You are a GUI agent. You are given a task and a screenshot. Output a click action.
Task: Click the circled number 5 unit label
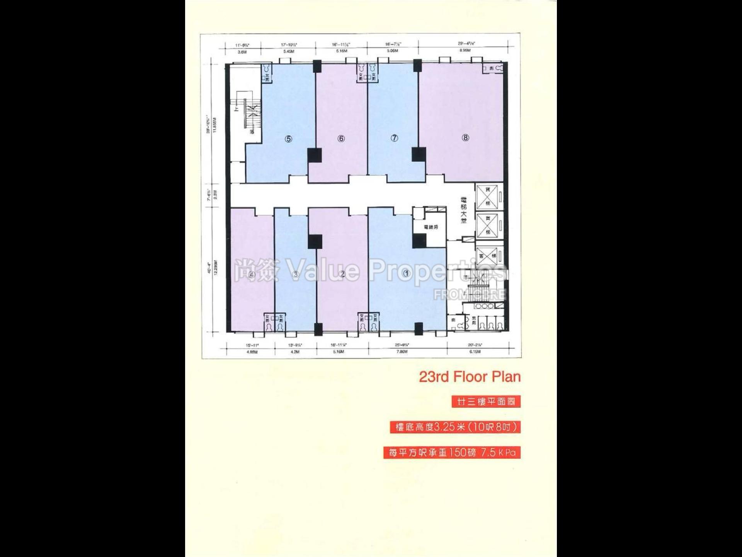tap(288, 139)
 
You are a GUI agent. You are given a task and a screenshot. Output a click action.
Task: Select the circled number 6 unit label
tap(341, 138)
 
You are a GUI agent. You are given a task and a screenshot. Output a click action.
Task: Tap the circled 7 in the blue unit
tap(394, 138)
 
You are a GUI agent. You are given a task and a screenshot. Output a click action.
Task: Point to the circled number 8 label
tap(465, 137)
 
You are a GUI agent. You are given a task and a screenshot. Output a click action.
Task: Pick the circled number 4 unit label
tap(252, 275)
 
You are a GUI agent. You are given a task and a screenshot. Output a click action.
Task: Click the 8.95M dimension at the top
tap(465, 50)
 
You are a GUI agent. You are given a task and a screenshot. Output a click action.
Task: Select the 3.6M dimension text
tap(242, 51)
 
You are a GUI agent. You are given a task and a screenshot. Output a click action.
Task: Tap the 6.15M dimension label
tap(475, 352)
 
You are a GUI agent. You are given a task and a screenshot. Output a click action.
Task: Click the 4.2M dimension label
tap(295, 352)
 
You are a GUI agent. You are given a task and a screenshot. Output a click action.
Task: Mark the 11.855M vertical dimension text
tap(215, 125)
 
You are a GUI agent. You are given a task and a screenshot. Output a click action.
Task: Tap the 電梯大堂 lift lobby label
tap(464, 210)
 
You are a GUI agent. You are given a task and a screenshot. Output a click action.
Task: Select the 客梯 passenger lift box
tap(487, 256)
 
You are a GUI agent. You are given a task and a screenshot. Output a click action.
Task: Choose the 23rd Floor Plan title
tap(470, 377)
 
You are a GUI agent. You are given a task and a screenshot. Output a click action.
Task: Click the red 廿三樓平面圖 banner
tap(486, 402)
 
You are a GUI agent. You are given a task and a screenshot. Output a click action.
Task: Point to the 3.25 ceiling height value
tap(445, 427)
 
